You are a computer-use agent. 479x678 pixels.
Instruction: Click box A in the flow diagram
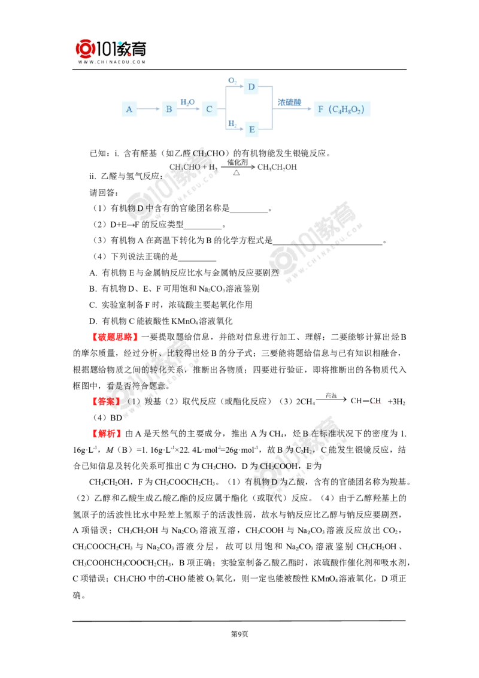tap(129, 110)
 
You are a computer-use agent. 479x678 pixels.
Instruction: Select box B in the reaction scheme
tap(169, 110)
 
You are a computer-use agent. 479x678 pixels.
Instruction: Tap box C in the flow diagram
tap(210, 110)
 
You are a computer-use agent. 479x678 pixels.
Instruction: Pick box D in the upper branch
tap(251, 87)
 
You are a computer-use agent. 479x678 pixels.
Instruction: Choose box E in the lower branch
tap(251, 129)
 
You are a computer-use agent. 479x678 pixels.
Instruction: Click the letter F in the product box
tap(321, 110)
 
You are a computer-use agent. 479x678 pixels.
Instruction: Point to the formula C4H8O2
tap(347, 110)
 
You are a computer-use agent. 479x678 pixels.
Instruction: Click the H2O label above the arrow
tap(187, 102)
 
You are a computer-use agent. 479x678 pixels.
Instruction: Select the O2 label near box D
tap(232, 80)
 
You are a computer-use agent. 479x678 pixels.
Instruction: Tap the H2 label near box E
tap(231, 123)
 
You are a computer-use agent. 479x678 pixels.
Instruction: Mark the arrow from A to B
tap(147, 110)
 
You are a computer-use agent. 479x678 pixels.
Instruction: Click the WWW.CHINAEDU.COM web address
tap(112, 62)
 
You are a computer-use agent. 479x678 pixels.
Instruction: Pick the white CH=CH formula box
tap(366, 401)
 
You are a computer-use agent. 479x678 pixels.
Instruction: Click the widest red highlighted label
tap(115, 337)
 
